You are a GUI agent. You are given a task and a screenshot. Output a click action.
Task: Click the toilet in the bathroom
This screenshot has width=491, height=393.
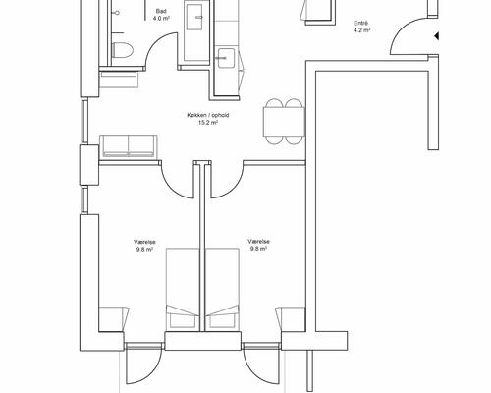[x=123, y=50]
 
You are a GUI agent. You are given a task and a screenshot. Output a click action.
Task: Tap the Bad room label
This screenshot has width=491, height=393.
[x=161, y=12]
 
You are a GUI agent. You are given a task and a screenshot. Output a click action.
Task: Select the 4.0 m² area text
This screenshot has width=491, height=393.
[x=161, y=19]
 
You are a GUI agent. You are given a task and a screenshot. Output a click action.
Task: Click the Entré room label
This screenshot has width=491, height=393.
[x=361, y=24]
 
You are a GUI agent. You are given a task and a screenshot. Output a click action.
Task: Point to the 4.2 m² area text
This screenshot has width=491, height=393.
[x=361, y=30]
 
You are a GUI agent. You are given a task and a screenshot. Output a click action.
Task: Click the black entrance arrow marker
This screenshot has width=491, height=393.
[x=436, y=35]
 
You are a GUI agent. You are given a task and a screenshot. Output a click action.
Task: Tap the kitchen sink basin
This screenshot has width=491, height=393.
[x=226, y=58]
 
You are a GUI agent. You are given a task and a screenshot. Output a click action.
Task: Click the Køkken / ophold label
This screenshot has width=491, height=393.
[x=208, y=115]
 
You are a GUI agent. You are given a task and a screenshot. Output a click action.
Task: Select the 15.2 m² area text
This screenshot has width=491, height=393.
[x=208, y=123]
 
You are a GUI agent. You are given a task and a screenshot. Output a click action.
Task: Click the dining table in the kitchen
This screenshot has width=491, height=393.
[x=284, y=122]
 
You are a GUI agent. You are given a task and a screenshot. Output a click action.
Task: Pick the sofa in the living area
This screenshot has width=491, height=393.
[x=129, y=145]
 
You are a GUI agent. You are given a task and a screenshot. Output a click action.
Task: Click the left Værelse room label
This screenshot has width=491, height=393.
[x=144, y=242]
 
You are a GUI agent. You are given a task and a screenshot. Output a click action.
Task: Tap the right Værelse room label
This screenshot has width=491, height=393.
[x=258, y=242]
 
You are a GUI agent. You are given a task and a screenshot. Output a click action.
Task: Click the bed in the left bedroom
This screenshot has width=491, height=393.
[x=183, y=290]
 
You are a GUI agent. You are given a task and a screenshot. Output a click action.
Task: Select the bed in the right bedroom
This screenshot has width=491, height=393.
[x=222, y=290]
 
